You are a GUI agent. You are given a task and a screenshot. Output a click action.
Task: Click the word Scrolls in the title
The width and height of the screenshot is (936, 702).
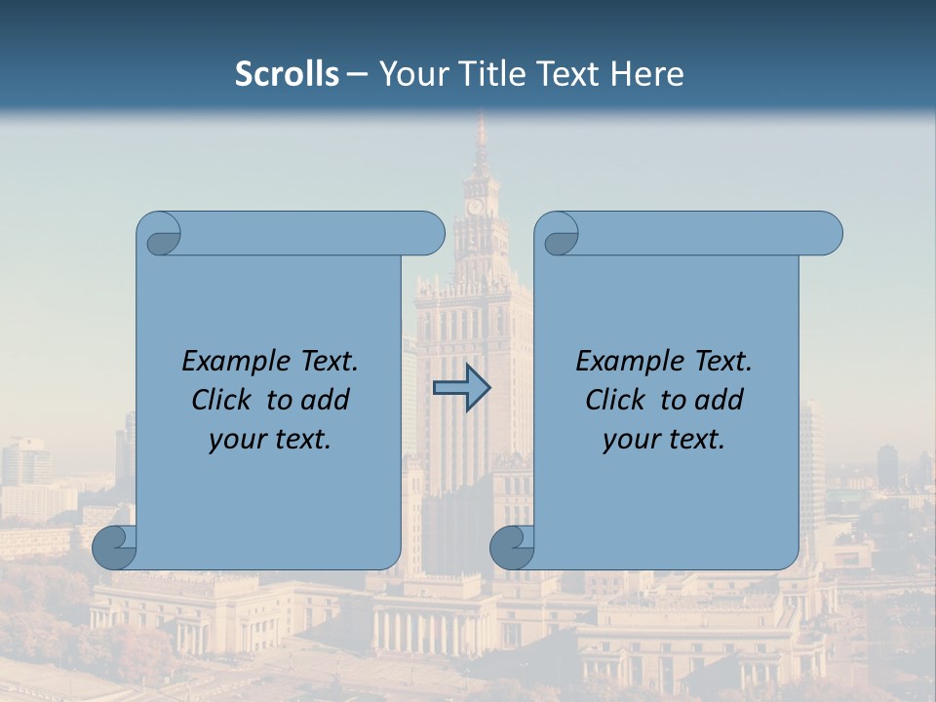(x=287, y=74)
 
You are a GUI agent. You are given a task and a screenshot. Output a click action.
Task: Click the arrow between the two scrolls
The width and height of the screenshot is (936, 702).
(x=461, y=389)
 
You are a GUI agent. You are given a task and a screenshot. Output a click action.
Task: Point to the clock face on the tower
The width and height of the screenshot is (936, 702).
(x=475, y=207)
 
